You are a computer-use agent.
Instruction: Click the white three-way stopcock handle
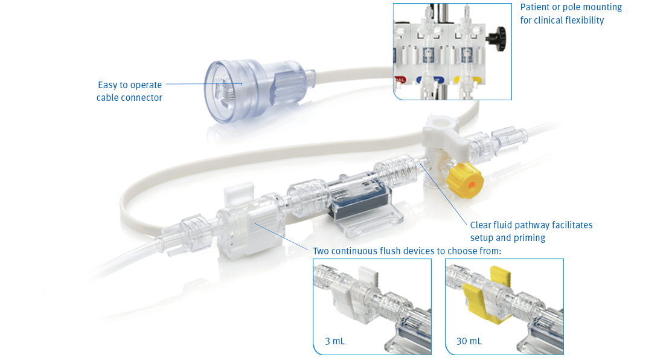(444, 129)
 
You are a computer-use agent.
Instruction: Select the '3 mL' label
(334, 341)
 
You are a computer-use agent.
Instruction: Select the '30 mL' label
(469, 341)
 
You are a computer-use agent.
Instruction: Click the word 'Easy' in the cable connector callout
(108, 85)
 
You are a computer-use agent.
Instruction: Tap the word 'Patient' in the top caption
(536, 7)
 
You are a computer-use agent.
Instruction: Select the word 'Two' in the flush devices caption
(321, 251)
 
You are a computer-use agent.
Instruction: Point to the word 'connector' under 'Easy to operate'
(142, 98)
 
